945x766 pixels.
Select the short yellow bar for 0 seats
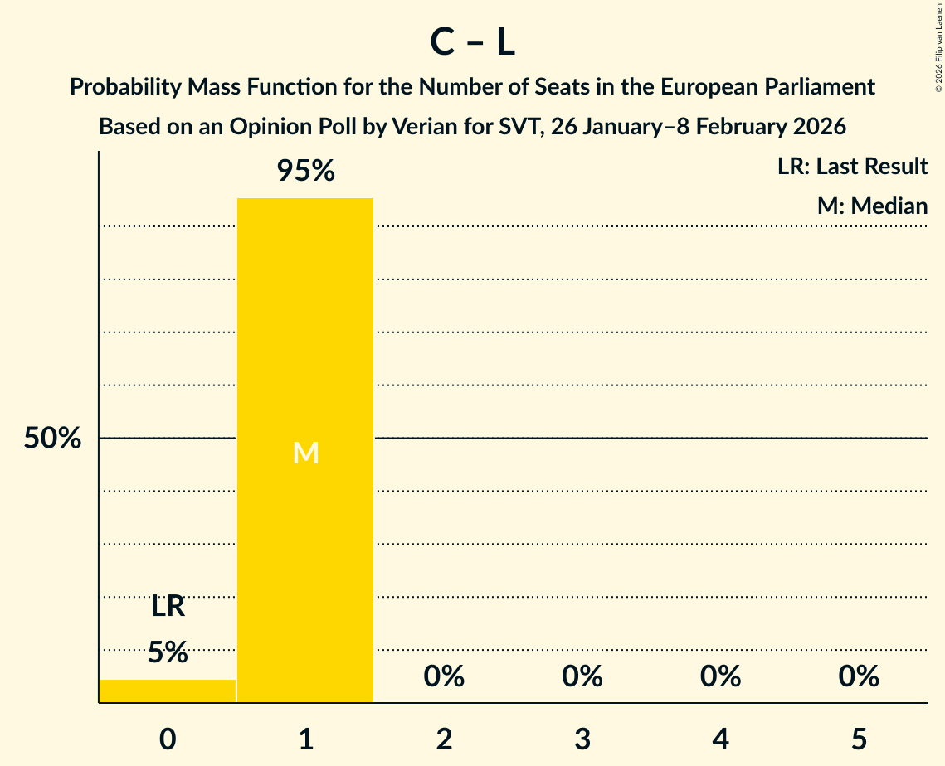pyautogui.click(x=168, y=691)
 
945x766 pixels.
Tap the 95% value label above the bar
pyautogui.click(x=305, y=171)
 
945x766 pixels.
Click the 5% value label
pyautogui.click(x=168, y=652)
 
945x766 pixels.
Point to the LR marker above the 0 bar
pyautogui.click(x=168, y=607)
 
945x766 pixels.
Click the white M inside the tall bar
pyautogui.click(x=305, y=453)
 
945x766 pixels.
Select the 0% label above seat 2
pyautogui.click(x=444, y=676)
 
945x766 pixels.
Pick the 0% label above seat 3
pyautogui.click(x=582, y=676)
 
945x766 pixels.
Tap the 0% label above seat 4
pyautogui.click(x=720, y=676)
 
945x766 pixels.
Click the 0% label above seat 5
pyautogui.click(x=859, y=676)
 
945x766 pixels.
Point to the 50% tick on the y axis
pyautogui.click(x=52, y=439)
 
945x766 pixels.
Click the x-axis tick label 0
pyautogui.click(x=168, y=739)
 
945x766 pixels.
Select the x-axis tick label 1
pyautogui.click(x=305, y=739)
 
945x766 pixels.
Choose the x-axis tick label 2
pyautogui.click(x=444, y=739)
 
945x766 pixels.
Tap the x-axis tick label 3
pyautogui.click(x=582, y=739)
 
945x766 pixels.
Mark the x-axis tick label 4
pyautogui.click(x=720, y=739)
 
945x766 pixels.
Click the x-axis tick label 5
pyautogui.click(x=859, y=739)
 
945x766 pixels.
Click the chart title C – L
pyautogui.click(x=472, y=43)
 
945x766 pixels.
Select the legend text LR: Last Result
pyautogui.click(x=852, y=167)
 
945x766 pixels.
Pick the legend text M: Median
pyautogui.click(x=872, y=206)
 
